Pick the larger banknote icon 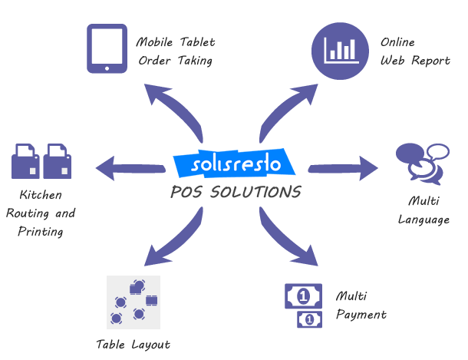click(304, 295)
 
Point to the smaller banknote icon click(308, 319)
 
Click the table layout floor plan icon click(133, 302)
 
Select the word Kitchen click(40, 195)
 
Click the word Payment click(361, 314)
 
